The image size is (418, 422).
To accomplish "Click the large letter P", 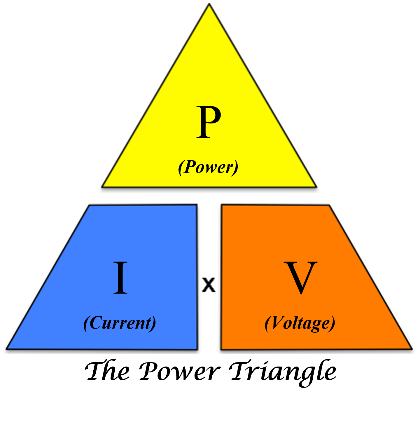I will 208,122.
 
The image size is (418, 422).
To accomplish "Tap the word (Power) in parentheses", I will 208,168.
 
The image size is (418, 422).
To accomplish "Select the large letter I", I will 120,278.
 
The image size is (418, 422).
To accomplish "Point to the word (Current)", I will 120,323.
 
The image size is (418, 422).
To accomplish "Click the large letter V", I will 300,278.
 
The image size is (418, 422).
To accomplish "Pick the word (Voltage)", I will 300,323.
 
